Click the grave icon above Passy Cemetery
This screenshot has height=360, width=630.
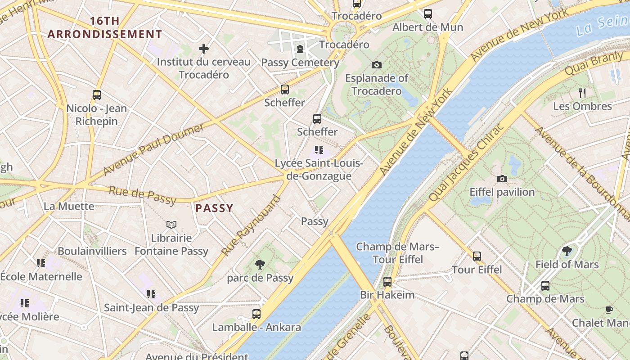click(x=300, y=49)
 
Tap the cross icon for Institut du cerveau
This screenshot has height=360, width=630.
click(x=204, y=48)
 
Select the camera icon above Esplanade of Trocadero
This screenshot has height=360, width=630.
click(x=377, y=65)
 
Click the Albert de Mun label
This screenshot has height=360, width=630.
click(x=427, y=27)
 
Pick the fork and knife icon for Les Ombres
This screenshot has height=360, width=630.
click(x=582, y=93)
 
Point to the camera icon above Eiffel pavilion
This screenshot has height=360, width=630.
click(x=502, y=179)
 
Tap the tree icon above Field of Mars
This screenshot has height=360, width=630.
click(x=567, y=251)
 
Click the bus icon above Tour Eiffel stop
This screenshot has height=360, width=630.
click(x=477, y=256)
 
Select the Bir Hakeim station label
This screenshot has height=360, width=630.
click(x=387, y=295)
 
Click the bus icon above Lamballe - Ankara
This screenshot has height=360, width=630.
click(x=256, y=314)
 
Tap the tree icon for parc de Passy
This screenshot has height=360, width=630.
click(x=260, y=265)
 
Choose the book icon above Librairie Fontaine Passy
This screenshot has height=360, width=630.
click(x=171, y=225)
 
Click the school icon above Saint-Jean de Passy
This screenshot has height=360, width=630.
click(x=151, y=294)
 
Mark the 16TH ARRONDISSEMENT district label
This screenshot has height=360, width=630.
click(x=105, y=27)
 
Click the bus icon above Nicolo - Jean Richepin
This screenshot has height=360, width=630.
click(x=97, y=95)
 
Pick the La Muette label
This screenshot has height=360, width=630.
click(x=69, y=207)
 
